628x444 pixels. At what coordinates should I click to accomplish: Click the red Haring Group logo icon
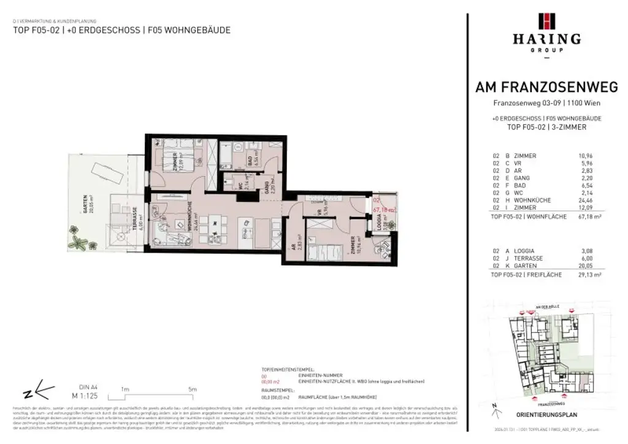(x=546, y=21)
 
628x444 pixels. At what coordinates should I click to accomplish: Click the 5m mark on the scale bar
(x=192, y=389)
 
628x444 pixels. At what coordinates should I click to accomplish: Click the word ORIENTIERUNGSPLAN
(x=546, y=413)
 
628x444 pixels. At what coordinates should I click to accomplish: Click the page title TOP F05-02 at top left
(x=36, y=29)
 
